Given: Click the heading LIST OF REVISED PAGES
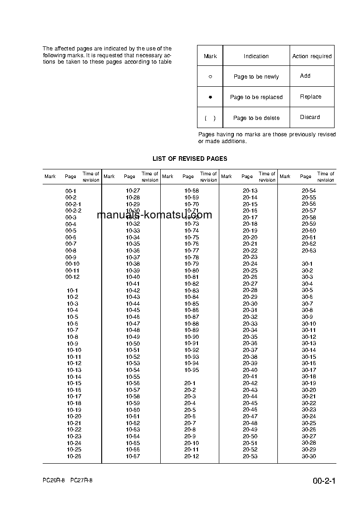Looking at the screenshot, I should pos(190,159).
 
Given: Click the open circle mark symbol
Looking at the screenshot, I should pos(210,77).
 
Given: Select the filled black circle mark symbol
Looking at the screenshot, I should pos(210,97).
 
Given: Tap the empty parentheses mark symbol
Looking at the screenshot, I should pos(210,118).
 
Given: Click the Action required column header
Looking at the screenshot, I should pos(312,56).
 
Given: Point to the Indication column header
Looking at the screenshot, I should pos(256,56).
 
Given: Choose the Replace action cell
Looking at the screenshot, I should pos(311,97).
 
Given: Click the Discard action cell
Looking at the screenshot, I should pos(310,117).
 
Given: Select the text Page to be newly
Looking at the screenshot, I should pos(256,77).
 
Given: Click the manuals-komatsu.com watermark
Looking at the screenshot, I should pos(154,215).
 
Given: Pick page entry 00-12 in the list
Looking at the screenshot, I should pos(72,277).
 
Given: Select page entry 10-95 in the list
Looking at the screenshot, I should pos(192,370).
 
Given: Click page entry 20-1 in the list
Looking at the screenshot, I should pos(190,383).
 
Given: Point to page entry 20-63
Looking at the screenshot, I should pos(309,251).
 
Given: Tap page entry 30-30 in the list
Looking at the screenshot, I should pos(309,456).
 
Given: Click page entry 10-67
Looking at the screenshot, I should pos(133,456).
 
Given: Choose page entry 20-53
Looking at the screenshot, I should pos(250,456).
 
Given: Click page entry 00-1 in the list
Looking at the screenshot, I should pos(71,191).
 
